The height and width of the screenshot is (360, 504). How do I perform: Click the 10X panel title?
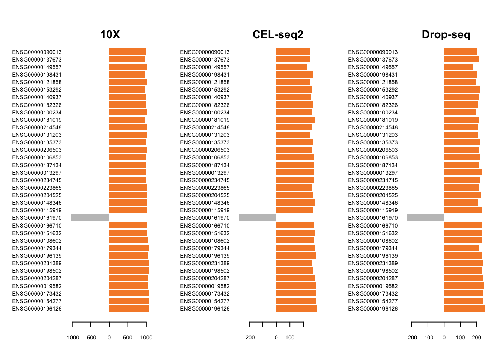(110, 34)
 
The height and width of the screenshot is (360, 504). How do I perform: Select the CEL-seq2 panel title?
(278, 34)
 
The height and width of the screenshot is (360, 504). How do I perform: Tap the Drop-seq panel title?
(445, 34)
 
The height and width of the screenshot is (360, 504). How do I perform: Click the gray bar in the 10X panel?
(90, 218)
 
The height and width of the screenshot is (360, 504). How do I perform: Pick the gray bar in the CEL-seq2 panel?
(258, 218)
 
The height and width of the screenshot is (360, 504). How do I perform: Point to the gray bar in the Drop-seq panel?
(425, 218)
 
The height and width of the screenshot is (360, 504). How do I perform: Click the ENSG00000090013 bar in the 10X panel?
(127, 52)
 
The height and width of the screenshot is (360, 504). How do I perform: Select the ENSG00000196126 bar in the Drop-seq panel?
(464, 309)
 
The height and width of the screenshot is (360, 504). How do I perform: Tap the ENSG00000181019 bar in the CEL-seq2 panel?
(295, 120)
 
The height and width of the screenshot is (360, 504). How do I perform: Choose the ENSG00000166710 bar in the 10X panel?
(128, 225)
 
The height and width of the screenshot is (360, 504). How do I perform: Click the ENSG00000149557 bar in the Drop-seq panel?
(458, 67)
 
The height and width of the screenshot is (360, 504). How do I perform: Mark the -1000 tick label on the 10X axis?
(72, 337)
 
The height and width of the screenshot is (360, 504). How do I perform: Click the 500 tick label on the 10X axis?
(127, 337)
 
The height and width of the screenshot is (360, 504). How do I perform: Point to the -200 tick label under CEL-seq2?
(249, 337)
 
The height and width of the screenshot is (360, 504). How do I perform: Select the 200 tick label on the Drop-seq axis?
(476, 337)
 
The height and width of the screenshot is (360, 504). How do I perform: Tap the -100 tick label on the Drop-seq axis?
(428, 337)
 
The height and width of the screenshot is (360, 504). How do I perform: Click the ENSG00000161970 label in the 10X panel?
(37, 218)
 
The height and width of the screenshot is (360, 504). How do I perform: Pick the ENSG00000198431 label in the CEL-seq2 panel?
(205, 75)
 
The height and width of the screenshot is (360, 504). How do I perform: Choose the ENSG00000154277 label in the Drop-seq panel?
(373, 301)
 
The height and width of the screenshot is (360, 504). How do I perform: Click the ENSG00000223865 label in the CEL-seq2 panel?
(205, 188)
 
